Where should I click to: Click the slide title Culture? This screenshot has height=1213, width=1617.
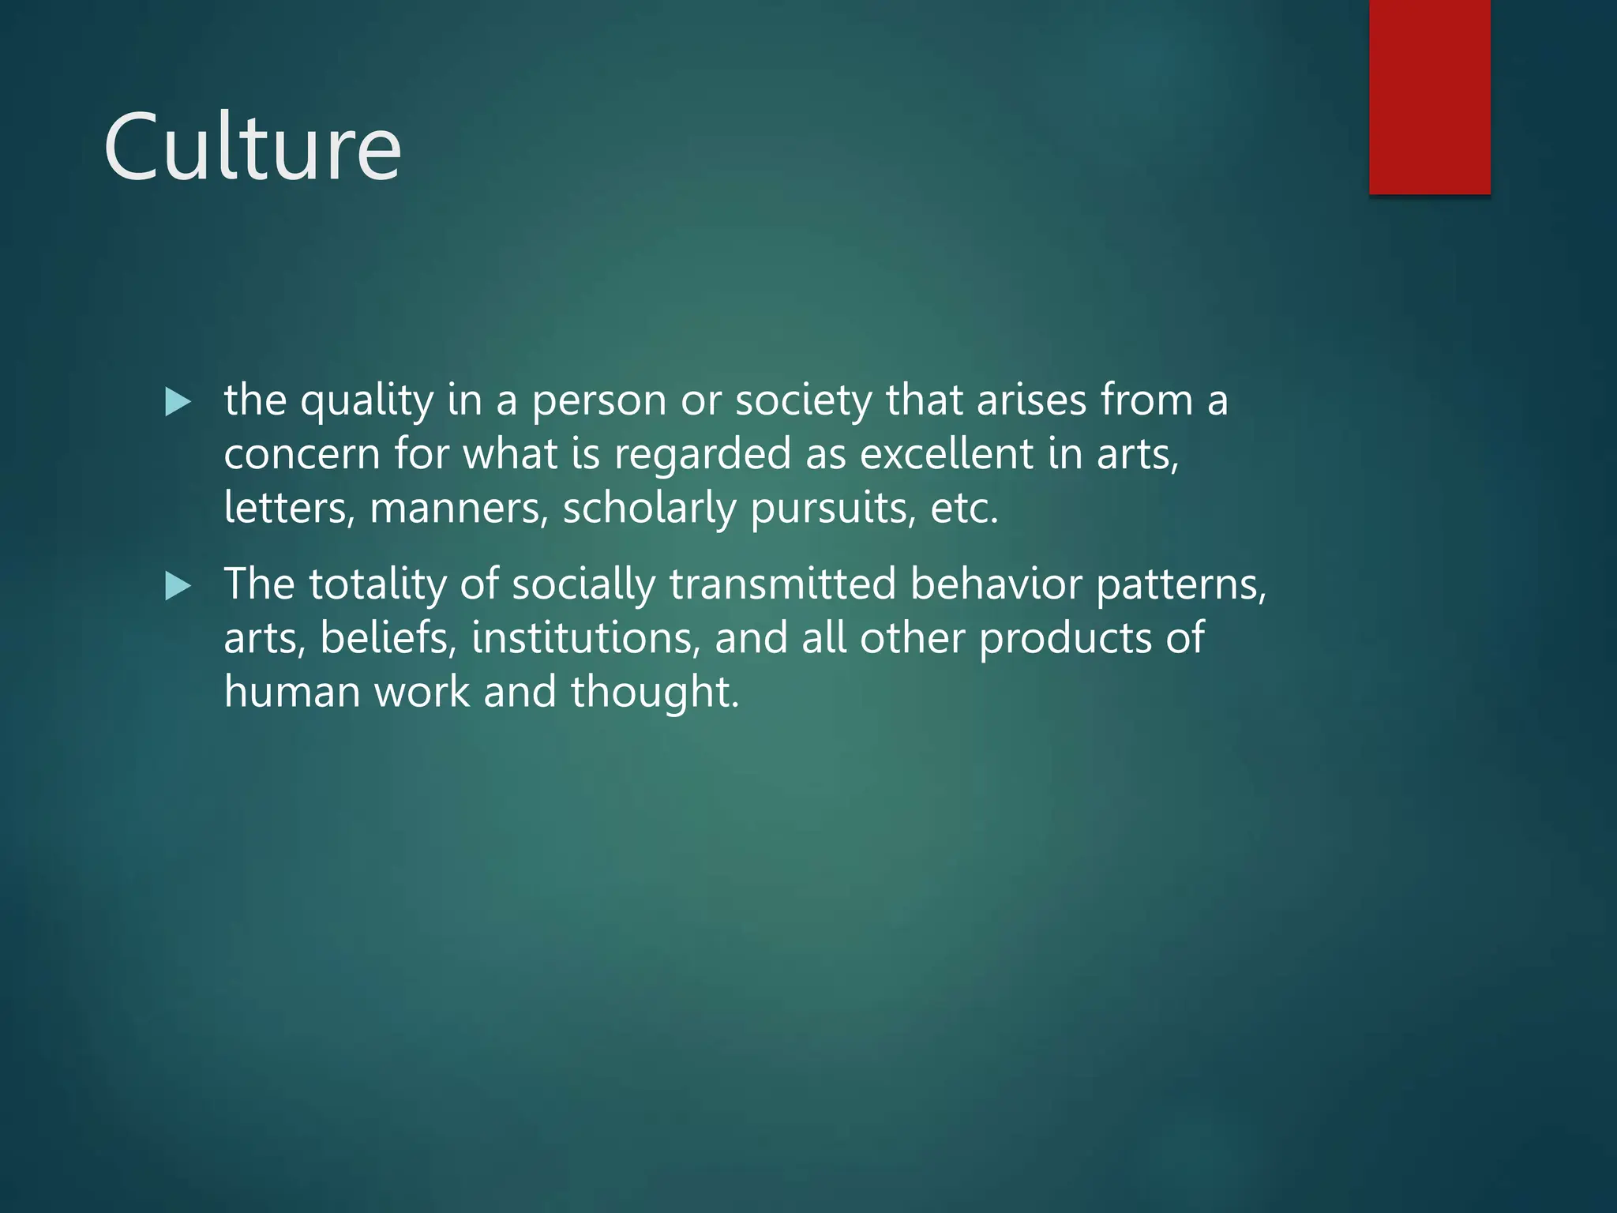tap(253, 148)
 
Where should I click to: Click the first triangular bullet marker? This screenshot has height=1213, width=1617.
tap(178, 402)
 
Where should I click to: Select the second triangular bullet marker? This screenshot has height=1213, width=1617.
tap(178, 586)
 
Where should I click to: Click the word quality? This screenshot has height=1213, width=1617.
tap(367, 401)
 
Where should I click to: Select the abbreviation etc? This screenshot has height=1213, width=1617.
tap(964, 508)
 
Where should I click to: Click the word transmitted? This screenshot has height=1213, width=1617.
tap(782, 584)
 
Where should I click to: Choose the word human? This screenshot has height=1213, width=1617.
tap(292, 692)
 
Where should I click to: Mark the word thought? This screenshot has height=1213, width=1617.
tap(655, 692)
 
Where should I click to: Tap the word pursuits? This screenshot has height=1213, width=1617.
tap(834, 508)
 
